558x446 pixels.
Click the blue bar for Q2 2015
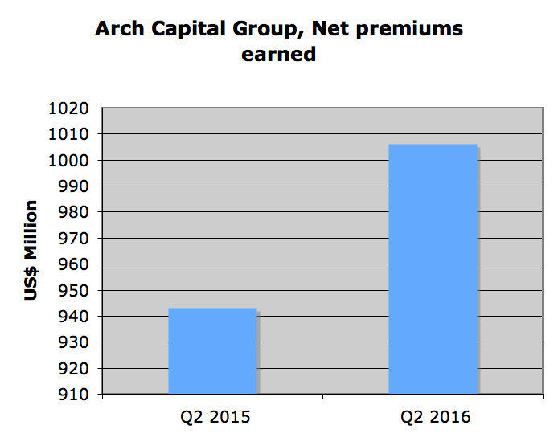[x=212, y=351]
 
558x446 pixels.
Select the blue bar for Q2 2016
[x=433, y=269]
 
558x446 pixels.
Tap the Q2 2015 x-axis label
[x=213, y=417]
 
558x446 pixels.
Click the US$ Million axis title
[x=31, y=251]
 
